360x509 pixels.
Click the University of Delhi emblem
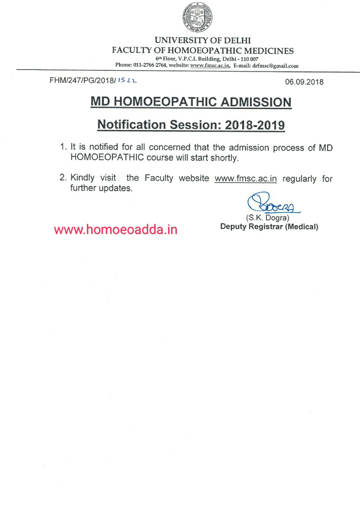197,17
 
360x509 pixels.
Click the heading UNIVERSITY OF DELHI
203,41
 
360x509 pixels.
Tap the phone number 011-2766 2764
150,65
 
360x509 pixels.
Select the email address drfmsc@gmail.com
275,66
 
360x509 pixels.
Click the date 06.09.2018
304,82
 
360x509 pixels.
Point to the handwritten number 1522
127,80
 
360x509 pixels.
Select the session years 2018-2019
255,125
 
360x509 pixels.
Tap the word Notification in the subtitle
131,125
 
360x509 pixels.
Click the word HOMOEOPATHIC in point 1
107,157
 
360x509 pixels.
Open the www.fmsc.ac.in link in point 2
245,179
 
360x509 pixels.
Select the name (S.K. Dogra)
268,218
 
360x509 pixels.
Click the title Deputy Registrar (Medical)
269,227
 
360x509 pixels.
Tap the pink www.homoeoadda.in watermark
116,230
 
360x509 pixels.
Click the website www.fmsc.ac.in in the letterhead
210,65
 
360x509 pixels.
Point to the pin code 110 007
249,59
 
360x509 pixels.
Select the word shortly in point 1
224,158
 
